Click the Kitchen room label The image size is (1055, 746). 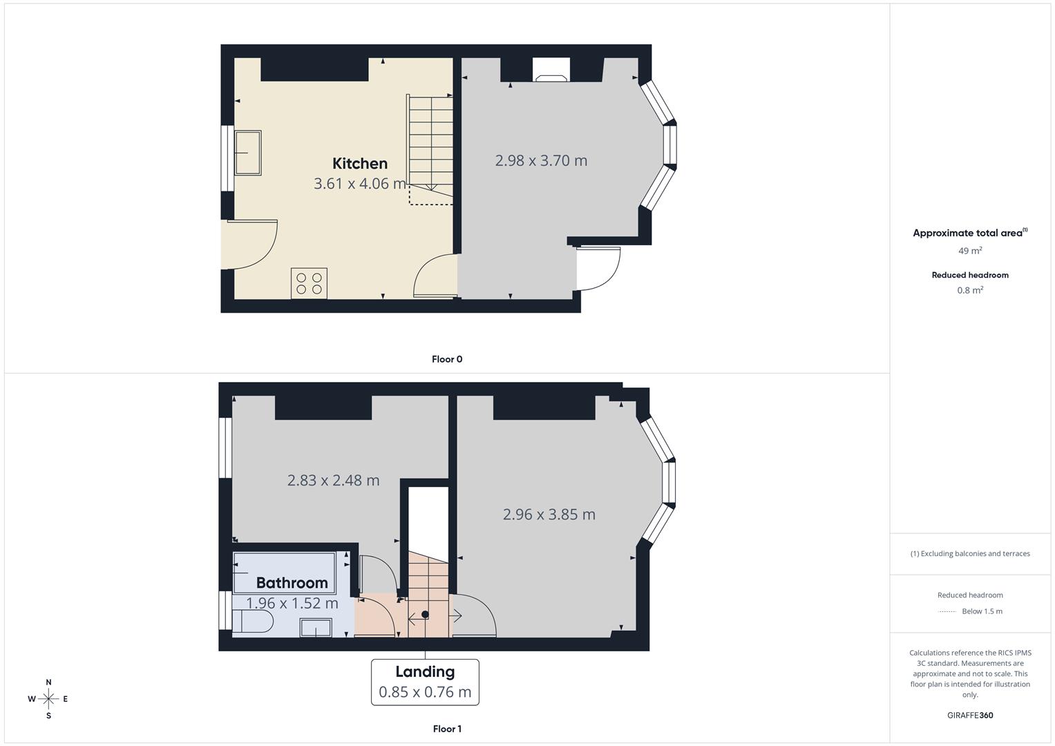pos(360,164)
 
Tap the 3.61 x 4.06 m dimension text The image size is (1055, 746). pos(360,184)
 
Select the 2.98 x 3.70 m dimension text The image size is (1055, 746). pos(541,160)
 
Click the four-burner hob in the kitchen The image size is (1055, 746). pos(309,283)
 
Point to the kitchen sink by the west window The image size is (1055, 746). pos(247,153)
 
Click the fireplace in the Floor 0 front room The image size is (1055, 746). pos(551,70)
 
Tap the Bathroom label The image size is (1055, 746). pos(292,583)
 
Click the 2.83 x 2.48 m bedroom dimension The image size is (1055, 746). pos(333,480)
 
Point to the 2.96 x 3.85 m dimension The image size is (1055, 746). pos(549,514)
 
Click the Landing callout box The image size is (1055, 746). pos(425,682)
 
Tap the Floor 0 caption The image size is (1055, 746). pos(447,359)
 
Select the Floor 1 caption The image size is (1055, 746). pos(447,729)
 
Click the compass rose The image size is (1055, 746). pos(48,699)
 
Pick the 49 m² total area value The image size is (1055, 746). pos(970,251)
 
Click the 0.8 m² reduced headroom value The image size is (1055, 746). pos(970,290)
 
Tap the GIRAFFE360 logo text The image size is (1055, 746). pos(970,716)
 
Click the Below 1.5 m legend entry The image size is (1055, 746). pos(981,611)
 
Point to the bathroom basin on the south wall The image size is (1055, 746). pos(316,628)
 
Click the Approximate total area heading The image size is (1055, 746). pos(969,233)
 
